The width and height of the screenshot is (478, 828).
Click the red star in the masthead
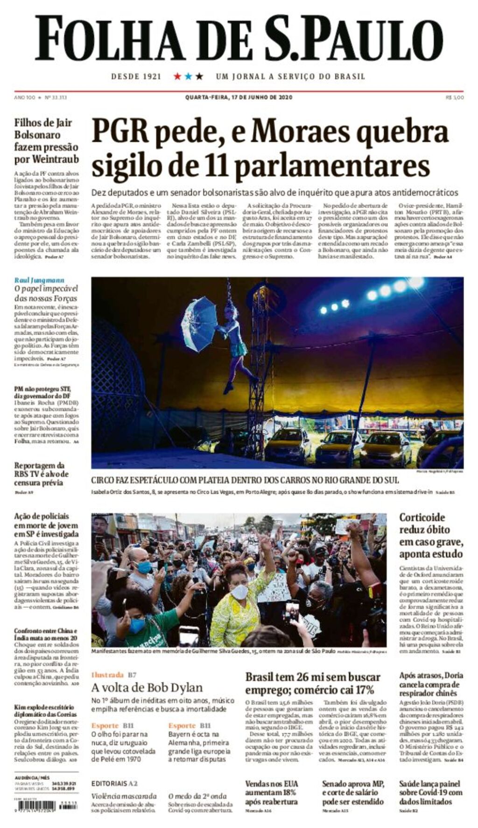pos(177,76)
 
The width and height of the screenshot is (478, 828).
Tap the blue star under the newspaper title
pos(189,76)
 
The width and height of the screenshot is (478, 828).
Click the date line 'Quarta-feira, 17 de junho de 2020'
pos(239,97)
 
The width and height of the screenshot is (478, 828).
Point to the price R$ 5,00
pos(455,97)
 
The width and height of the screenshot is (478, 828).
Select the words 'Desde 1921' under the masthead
pos(136,76)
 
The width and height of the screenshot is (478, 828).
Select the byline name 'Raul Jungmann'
pos(39,280)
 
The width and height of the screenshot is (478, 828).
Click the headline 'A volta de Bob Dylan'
pos(147,687)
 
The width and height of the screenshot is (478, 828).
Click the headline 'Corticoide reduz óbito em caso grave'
pos(431,536)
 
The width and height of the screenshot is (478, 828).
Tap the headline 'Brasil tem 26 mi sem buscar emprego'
pos(313,683)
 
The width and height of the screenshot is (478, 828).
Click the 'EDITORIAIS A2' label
pos(114,783)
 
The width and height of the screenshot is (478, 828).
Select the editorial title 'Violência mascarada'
pos(124,796)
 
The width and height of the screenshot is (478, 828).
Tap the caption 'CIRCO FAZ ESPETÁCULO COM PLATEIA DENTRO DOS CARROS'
pos(245,480)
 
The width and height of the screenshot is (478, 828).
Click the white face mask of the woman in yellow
pos(239,592)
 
